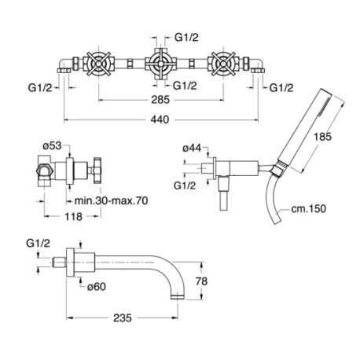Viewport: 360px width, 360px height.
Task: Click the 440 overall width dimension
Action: click(160, 119)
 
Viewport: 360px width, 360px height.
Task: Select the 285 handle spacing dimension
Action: click(160, 100)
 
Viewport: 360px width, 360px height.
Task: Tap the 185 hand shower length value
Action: click(322, 137)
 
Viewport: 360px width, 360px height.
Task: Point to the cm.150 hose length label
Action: click(308, 209)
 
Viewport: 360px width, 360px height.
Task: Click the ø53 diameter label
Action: click(52, 145)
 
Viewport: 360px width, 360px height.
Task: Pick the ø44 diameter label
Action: click(192, 149)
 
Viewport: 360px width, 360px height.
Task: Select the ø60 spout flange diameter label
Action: click(97, 287)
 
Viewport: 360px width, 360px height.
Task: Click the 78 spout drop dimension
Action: click(201, 281)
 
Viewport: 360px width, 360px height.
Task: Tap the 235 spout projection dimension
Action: click(123, 318)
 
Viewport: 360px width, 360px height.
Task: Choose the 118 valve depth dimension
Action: click(74, 216)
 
